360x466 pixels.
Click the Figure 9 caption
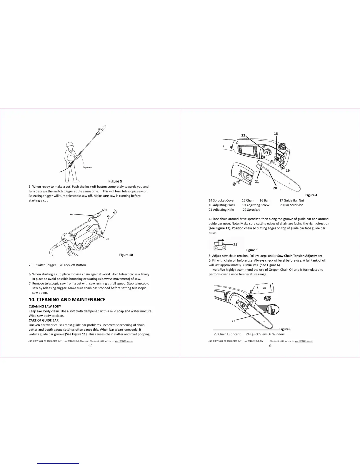click(115, 181)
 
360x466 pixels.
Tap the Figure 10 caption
click(126, 255)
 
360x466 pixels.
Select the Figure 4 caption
click(311, 195)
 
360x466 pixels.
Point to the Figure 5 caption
click(251, 250)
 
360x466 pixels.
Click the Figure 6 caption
click(285, 329)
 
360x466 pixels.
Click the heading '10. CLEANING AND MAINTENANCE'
click(67, 299)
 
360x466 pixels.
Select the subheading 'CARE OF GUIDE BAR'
click(44, 320)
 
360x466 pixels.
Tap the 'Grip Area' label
click(87, 167)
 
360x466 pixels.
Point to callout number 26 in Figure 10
click(71, 214)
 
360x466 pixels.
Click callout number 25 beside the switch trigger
click(108, 239)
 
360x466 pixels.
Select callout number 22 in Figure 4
click(243, 135)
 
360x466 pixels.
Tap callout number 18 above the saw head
click(276, 134)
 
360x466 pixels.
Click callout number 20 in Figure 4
click(275, 188)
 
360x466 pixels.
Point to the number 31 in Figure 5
click(235, 244)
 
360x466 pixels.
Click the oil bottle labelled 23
click(264, 288)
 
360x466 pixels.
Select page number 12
click(90, 346)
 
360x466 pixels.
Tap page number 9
click(270, 346)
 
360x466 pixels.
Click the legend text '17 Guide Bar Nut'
click(292, 200)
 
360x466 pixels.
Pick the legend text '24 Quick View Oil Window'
click(265, 334)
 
